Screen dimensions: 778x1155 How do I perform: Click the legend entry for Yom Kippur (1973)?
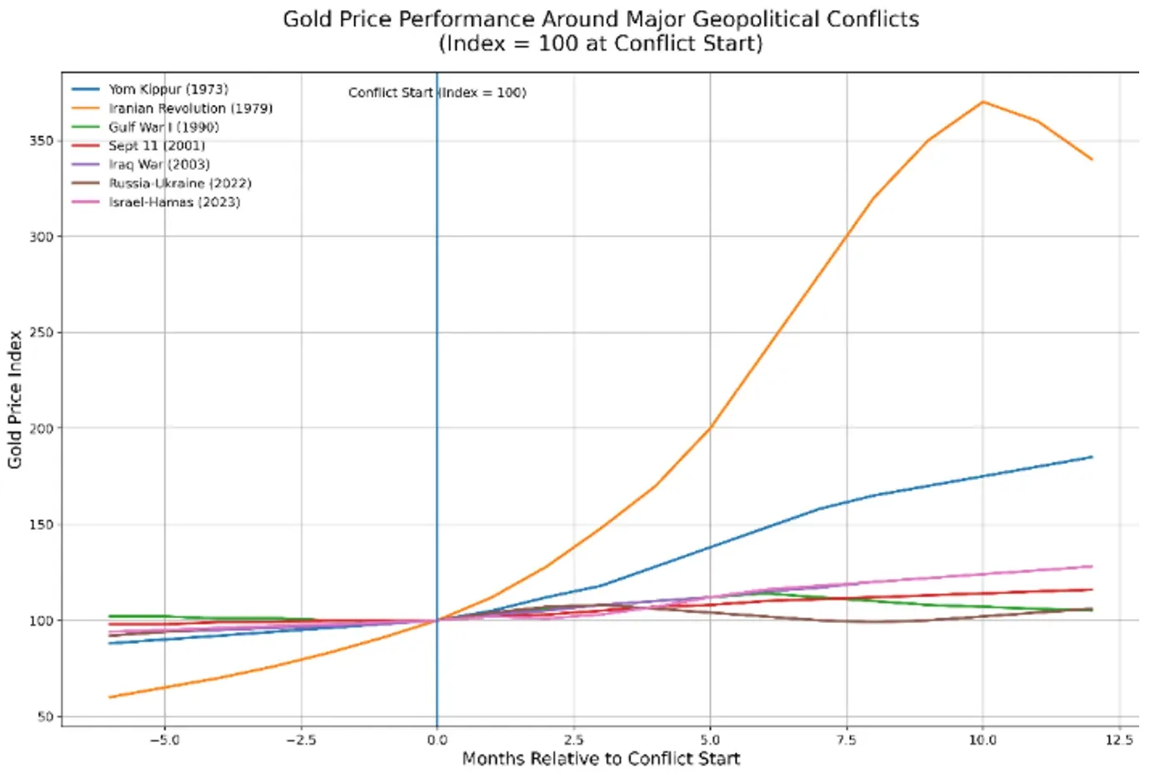(167, 89)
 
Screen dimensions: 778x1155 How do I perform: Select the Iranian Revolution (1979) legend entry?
(190, 108)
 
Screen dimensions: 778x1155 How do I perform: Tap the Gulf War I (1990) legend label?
(163, 127)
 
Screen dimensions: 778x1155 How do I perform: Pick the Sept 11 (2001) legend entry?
(157, 146)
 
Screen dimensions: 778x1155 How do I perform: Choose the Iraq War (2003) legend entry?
(159, 165)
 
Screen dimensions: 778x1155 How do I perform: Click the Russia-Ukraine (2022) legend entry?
(179, 183)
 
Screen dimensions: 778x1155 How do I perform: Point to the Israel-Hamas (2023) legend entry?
(174, 202)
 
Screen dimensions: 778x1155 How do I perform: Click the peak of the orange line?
(983, 102)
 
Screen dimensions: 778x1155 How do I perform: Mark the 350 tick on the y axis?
(42, 141)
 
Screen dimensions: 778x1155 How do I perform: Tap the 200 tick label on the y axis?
(42, 428)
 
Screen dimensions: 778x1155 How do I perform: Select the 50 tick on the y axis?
(45, 716)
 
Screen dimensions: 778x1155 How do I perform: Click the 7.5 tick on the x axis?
(847, 740)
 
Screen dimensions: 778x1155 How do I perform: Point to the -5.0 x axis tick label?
(164, 740)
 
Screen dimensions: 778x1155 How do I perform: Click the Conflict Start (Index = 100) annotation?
(437, 92)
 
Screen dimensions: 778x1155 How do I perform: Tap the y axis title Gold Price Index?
(15, 399)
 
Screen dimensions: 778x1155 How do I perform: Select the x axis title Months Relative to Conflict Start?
(601, 759)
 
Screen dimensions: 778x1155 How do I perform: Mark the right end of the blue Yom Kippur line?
(1092, 457)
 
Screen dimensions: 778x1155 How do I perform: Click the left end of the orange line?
(110, 697)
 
